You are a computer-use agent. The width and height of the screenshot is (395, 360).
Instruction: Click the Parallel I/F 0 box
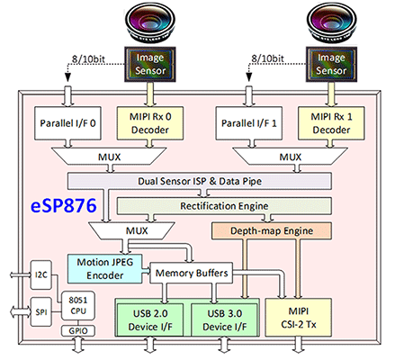pos(67,123)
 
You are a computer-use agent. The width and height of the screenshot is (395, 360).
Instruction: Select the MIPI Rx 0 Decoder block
pos(150,123)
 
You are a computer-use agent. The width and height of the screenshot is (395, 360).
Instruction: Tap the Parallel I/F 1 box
pos(249,123)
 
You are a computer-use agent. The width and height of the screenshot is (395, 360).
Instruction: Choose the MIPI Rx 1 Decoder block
pos(331,123)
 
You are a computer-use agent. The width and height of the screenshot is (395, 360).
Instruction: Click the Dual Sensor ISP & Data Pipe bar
pos(200,181)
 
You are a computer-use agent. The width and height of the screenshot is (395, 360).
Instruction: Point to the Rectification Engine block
pos(224,206)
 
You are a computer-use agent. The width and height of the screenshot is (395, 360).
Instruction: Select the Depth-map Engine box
pos(272,230)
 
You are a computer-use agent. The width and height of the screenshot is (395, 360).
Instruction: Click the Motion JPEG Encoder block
pos(105,269)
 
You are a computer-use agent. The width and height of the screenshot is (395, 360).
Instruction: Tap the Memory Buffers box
pos(192,273)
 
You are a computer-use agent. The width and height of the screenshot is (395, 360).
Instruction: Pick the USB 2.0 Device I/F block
pos(150,319)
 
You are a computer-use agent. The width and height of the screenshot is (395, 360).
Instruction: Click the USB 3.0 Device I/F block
pos(224,319)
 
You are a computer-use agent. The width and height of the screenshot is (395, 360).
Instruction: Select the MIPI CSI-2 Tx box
pos(299,318)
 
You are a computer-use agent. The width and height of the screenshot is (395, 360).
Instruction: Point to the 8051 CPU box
pos(78,305)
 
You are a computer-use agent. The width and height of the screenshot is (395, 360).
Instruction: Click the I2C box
pos(41,274)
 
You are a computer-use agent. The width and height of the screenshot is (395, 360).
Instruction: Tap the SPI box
pos(41,312)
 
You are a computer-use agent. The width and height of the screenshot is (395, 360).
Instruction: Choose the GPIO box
pos(78,331)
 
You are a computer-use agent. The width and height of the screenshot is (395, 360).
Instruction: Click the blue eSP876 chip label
pos(64,206)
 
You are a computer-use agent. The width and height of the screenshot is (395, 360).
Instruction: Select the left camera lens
pos(150,23)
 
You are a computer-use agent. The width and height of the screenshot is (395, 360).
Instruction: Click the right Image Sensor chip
pos(331,64)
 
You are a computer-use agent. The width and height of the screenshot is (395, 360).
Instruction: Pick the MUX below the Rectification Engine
pos(132,230)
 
